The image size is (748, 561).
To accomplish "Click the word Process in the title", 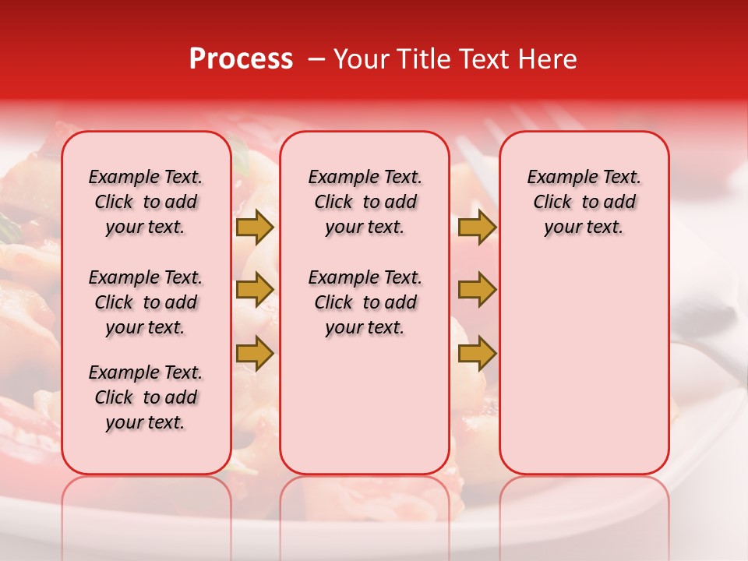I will (241, 59).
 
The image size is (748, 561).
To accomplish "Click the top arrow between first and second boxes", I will (255, 227).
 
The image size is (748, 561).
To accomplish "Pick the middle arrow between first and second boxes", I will (255, 290).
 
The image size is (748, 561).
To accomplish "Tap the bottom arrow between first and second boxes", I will (255, 353).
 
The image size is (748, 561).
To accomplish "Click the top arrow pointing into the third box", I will (477, 227).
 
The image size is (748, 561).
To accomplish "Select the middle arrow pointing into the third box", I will (477, 290).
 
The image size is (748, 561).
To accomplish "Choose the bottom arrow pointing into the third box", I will (477, 353).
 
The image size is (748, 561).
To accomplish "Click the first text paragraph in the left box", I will (146, 202).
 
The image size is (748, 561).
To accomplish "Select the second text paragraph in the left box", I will (146, 302).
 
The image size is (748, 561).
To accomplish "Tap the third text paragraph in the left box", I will (146, 397).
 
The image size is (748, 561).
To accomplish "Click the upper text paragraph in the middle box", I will (365, 202).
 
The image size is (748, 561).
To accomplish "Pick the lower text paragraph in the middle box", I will (365, 302).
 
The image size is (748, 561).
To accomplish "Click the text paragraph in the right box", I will (584, 202).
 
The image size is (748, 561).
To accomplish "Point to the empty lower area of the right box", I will (584, 366).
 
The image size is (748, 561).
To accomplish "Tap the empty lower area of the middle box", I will (365, 405).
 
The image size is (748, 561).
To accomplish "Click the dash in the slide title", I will (316, 59).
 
